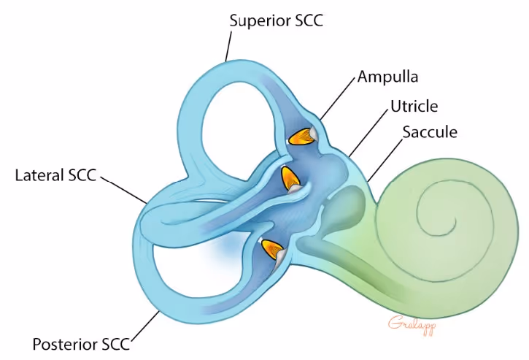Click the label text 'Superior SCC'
pos(276,20)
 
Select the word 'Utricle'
pos(414,107)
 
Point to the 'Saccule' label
pos(430,132)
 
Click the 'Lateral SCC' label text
pos(55,176)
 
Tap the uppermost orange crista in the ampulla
pos(300,136)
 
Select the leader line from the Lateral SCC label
pos(124,188)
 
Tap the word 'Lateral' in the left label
pos(39,176)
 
